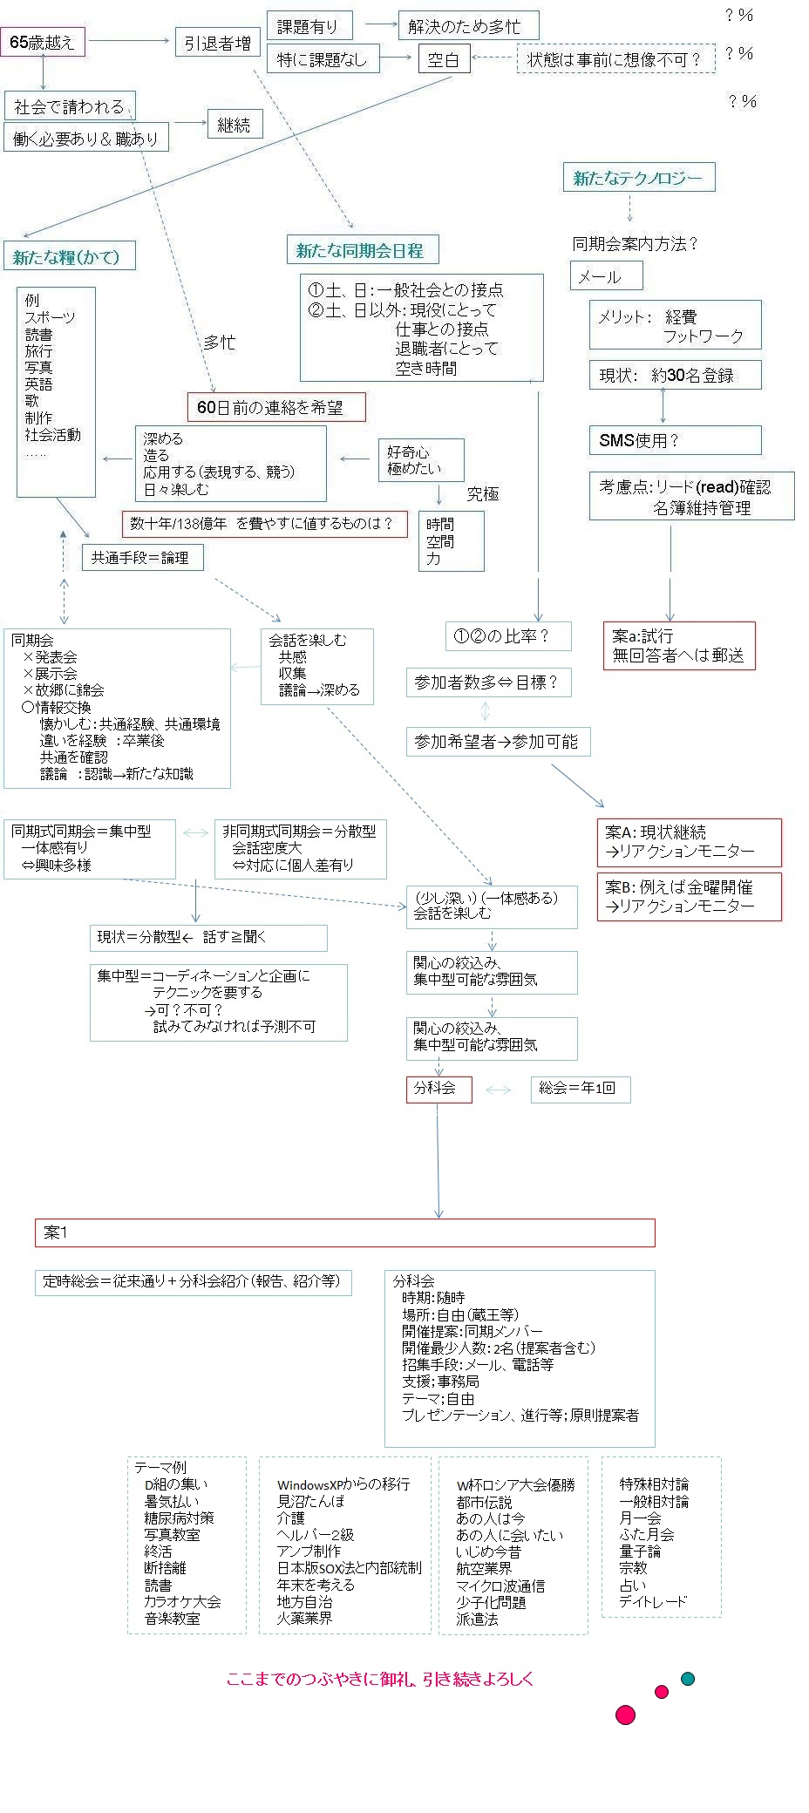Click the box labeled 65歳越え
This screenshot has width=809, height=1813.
coord(43,42)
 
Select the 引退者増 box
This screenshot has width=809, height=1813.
coord(218,43)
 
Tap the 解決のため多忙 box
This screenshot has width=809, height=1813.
coord(468,25)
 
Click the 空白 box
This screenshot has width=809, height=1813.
coord(443,60)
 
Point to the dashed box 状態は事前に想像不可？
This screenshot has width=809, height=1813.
coord(615,59)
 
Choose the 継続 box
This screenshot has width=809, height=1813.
coord(234,126)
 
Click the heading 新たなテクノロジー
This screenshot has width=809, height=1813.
coord(638,178)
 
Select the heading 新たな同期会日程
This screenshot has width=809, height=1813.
coord(361,251)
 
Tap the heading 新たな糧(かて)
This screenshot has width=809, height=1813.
coord(66,257)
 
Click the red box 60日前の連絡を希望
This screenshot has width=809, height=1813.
coord(275,407)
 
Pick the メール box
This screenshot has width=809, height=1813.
coord(606,276)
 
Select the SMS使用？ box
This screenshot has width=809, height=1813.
coord(674,440)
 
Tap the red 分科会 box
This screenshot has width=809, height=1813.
coord(438,1089)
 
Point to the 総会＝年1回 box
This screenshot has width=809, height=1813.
coord(580,1089)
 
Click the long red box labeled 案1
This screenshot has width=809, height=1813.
coord(344,1232)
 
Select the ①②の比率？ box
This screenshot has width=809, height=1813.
coord(507,636)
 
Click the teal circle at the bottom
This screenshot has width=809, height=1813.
coord(688,1679)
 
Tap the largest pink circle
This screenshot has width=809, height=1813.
coord(625,1715)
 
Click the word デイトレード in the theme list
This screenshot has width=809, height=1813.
coord(653,1601)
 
